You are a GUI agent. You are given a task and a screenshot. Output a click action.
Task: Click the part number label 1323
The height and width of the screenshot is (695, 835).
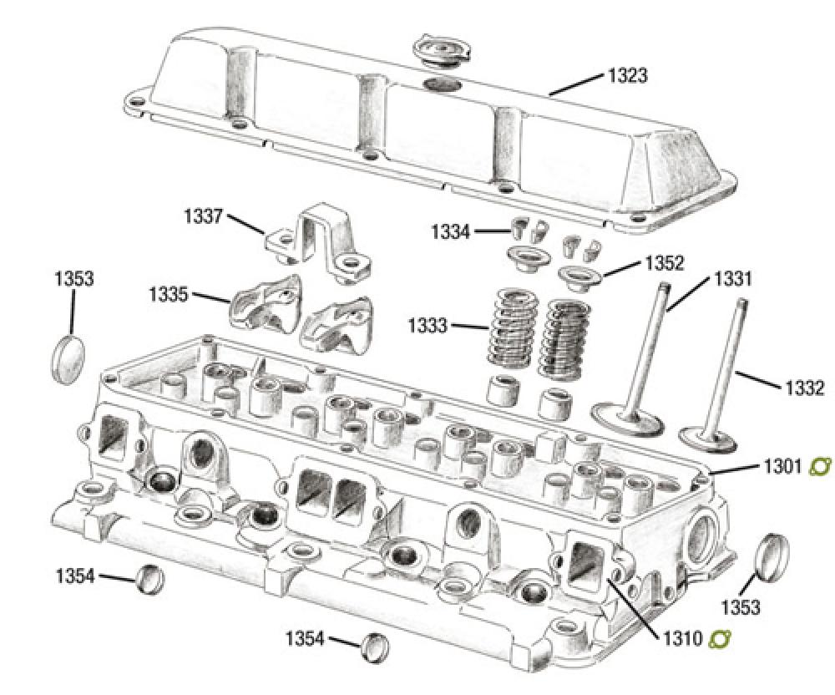627,76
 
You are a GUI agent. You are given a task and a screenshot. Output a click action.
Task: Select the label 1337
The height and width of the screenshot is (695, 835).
203,216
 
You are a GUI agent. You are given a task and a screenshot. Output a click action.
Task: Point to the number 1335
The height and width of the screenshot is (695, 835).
168,294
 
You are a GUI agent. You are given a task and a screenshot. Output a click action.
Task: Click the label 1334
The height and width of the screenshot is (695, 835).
450,231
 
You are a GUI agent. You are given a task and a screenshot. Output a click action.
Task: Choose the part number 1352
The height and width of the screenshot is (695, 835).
664,263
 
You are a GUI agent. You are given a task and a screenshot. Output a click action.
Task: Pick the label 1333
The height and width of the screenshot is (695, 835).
428,325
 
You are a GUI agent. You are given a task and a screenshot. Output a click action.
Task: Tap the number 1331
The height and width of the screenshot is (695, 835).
732,278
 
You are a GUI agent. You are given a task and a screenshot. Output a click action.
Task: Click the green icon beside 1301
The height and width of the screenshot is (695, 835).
821,465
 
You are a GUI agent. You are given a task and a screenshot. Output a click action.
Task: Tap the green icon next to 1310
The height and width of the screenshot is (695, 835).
719,640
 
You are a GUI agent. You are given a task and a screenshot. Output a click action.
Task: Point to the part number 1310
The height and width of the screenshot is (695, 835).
682,641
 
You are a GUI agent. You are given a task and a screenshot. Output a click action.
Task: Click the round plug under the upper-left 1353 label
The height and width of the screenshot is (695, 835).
68,358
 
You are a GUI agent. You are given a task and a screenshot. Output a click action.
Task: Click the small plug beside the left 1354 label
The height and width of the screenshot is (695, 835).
149,577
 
